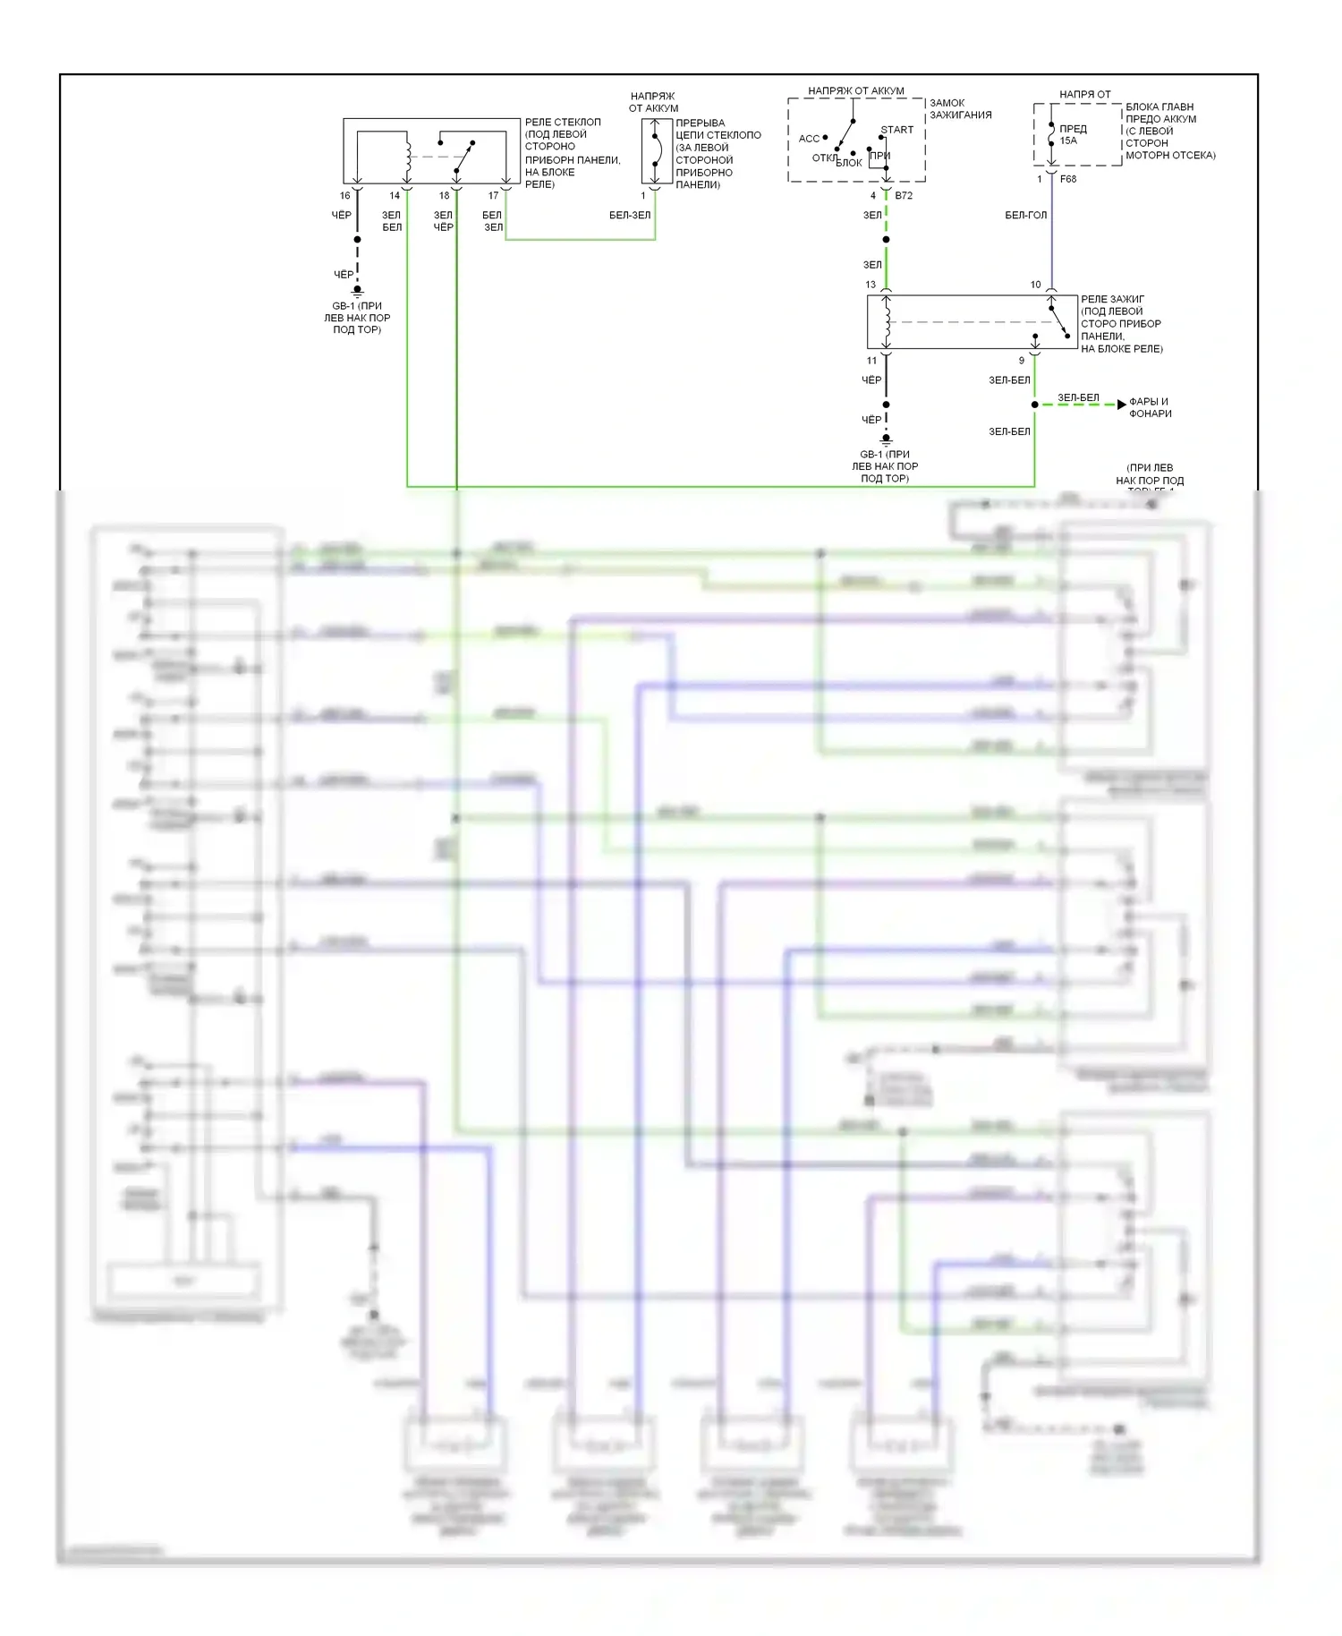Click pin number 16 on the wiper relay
(344, 195)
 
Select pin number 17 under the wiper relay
(493, 195)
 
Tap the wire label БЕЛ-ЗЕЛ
(630, 215)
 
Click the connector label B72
(904, 195)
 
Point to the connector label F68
(1068, 179)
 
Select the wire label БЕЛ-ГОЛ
(1025, 215)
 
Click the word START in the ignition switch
(896, 130)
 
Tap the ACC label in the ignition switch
(809, 139)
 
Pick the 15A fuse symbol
(1051, 135)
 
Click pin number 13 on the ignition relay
(871, 285)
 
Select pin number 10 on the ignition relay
(1035, 285)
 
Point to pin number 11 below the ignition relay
(871, 361)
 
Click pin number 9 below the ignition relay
(1022, 361)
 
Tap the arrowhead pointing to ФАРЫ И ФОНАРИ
(1121, 405)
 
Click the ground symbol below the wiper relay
(357, 291)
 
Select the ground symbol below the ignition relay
(886, 439)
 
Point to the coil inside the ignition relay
(887, 321)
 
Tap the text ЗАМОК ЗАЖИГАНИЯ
(960, 108)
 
